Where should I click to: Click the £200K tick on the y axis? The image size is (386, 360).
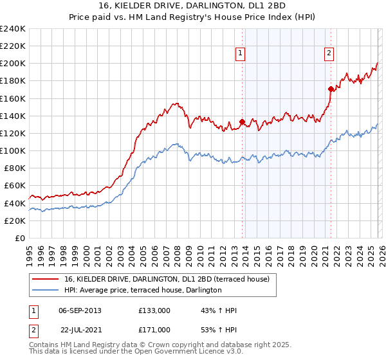coord(13,64)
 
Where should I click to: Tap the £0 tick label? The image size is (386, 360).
coord(21,238)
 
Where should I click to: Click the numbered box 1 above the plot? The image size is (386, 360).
coord(240,54)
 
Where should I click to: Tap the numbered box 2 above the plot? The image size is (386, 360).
coord(329,54)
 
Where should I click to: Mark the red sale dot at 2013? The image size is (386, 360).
coord(242,122)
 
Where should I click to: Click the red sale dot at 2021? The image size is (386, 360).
coord(331,89)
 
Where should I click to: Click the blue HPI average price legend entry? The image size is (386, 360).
coord(143,291)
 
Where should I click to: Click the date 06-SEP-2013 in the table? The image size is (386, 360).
coord(80,310)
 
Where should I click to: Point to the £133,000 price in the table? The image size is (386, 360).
coord(154,310)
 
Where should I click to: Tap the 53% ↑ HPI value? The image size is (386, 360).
coord(219,330)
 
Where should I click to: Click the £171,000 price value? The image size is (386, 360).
coord(154,330)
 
